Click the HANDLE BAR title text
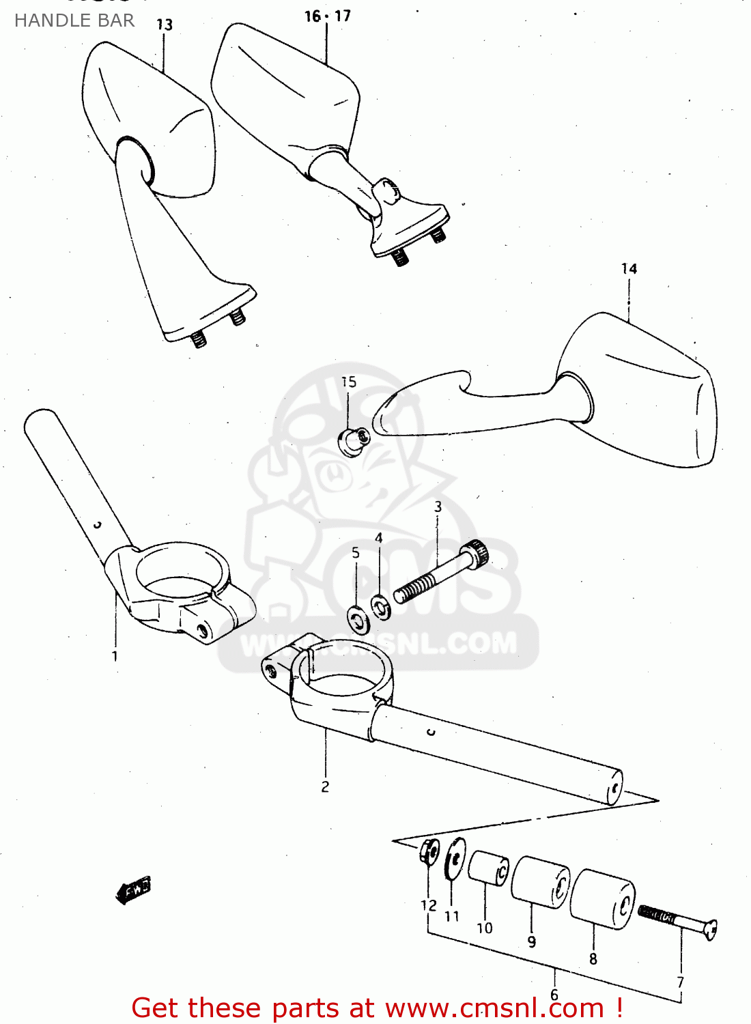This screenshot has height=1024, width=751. [x=74, y=20]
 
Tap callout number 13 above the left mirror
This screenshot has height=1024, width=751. [x=165, y=25]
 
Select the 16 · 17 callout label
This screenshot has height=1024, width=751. [x=328, y=16]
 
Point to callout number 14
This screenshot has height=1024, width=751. [x=629, y=269]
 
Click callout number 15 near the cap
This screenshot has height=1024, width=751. [x=349, y=382]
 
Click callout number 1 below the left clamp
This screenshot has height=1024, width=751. [x=115, y=656]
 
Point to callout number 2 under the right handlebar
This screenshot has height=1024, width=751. [x=325, y=786]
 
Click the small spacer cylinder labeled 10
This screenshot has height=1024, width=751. [x=488, y=868]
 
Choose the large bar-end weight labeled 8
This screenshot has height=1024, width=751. [x=602, y=898]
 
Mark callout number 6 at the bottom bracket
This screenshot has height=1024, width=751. [x=554, y=995]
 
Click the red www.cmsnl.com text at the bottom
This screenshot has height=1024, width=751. [x=494, y=1008]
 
